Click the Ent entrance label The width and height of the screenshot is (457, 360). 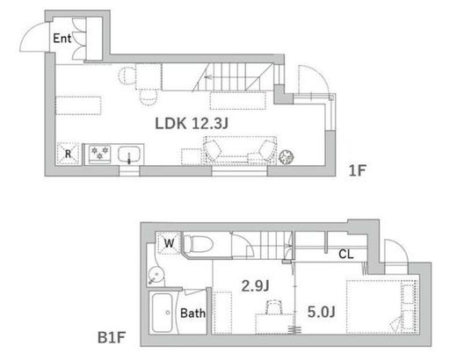62,39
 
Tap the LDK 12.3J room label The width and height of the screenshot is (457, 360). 192,123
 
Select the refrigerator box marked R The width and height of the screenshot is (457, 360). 68,154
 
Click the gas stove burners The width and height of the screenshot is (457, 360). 99,153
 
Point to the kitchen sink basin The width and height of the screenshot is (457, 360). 129,154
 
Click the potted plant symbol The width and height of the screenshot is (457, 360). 287,157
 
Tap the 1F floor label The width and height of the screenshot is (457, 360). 358,170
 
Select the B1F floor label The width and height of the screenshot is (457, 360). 112,337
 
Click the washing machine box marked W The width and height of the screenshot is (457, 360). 169,242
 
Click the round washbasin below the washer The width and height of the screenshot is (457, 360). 156,276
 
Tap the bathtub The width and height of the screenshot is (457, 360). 162,313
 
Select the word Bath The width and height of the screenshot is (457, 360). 192,313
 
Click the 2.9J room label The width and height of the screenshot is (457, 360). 255,285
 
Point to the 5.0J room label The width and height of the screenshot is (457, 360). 322,312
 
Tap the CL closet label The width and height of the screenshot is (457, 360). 346,255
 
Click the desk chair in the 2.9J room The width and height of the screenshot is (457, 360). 274,307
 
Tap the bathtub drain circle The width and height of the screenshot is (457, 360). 168,313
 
